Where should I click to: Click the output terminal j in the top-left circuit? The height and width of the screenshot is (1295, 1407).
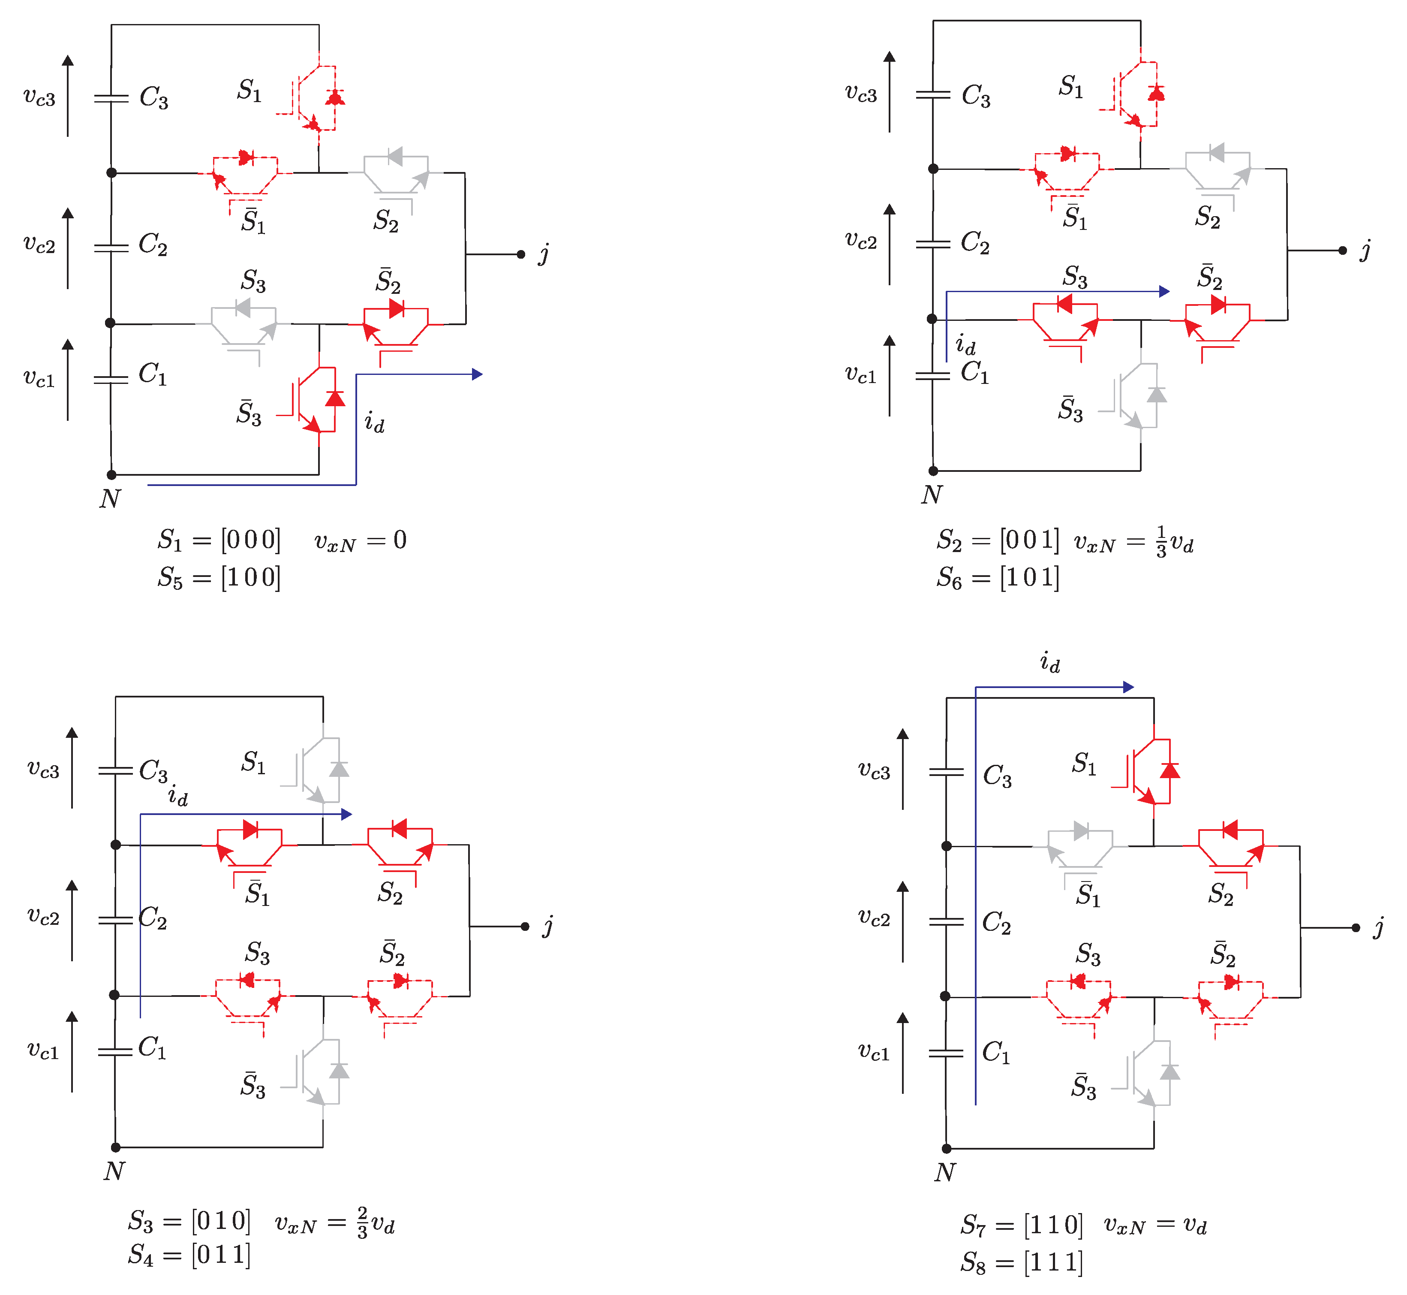coord(521,254)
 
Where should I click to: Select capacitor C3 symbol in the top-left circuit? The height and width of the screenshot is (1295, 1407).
coord(111,98)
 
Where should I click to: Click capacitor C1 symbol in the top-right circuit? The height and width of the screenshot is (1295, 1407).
coord(933,375)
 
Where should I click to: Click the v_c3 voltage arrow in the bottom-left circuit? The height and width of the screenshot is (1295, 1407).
coord(72,767)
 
